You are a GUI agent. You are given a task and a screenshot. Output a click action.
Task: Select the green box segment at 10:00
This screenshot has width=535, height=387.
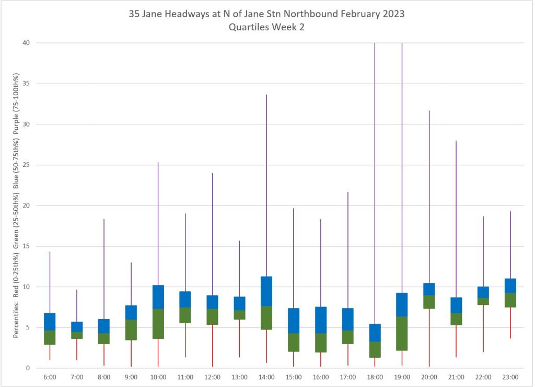(158, 324)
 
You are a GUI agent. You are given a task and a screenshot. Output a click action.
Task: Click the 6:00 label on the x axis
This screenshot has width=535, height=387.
(50, 377)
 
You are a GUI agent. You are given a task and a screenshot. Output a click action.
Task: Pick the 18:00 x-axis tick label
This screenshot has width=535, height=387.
(375, 377)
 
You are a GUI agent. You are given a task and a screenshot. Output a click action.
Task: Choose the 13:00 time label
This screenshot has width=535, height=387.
(239, 377)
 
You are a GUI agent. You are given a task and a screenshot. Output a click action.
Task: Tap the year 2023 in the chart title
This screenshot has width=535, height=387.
(393, 14)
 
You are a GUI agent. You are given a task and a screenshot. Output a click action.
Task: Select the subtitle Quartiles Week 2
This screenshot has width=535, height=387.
(266, 28)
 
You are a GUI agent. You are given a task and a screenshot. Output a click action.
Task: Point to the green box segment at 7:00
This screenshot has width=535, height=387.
(77, 335)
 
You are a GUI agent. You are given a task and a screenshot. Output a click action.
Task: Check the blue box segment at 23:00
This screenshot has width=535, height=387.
(510, 286)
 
